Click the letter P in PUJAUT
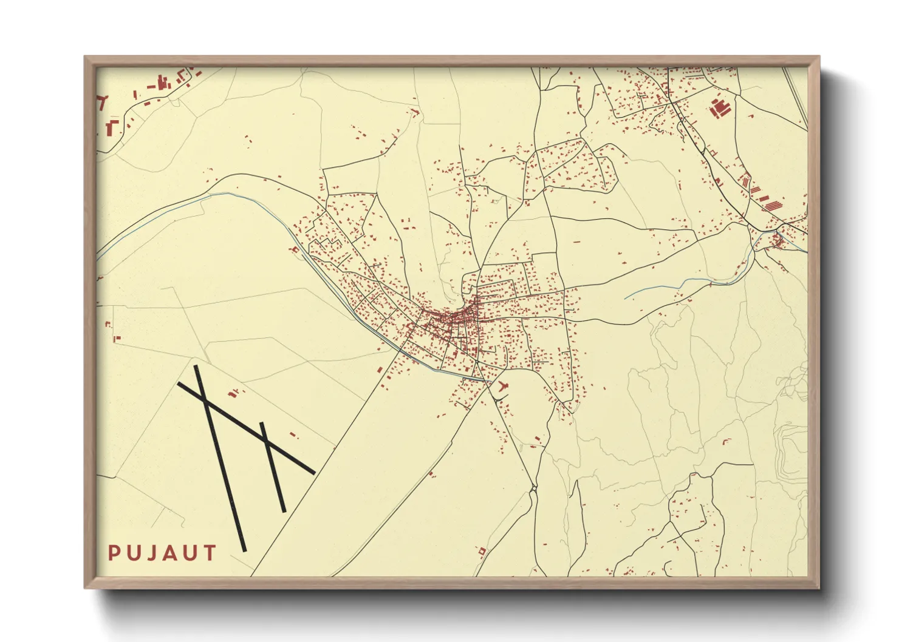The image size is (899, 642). [113, 553]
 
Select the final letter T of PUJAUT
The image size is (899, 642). [210, 553]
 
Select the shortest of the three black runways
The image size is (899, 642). [273, 467]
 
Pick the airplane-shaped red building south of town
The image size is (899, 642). [501, 386]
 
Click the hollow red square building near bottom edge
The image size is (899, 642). [482, 551]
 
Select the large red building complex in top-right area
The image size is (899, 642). [720, 108]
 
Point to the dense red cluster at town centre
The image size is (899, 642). [453, 316]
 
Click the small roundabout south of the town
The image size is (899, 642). [533, 488]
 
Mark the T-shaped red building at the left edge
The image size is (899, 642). [102, 101]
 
